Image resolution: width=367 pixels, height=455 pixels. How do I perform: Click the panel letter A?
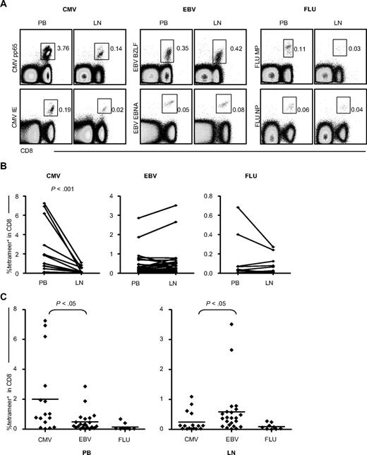[x=5, y=5]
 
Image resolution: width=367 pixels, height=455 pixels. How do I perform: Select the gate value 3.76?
[x=61, y=50]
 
